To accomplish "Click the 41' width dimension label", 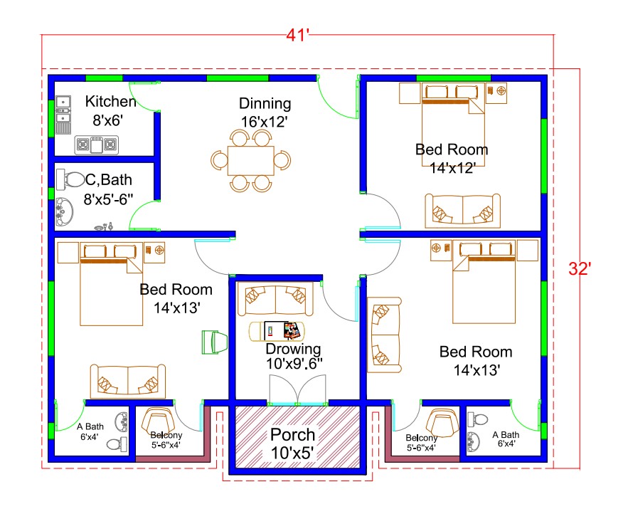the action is [x=297, y=36].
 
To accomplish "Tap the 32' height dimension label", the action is [x=580, y=268].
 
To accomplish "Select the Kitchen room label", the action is [x=110, y=101].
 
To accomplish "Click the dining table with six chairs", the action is [x=251, y=160].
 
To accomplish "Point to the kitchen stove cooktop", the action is [x=97, y=145].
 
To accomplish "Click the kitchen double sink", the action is [x=63, y=114].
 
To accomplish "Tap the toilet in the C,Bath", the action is [x=70, y=179].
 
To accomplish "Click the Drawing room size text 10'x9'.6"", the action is [x=294, y=364].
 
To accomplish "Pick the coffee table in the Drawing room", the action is [x=275, y=331].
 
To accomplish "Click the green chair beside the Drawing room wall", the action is [x=214, y=342].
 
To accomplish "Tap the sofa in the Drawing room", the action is [x=275, y=300].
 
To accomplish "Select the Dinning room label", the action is [x=265, y=103].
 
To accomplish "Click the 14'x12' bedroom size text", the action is [x=452, y=168].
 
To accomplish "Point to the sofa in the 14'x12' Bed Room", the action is [x=462, y=211].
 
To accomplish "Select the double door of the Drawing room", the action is [x=297, y=390].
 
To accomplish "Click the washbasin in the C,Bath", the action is [x=65, y=211].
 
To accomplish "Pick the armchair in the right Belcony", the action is [x=442, y=425].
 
